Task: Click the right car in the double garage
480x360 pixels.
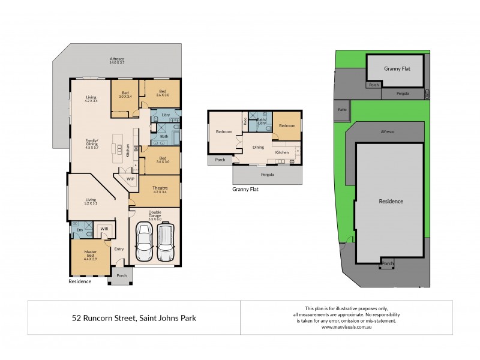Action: (166, 242)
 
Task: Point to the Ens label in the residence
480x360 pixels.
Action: (79, 229)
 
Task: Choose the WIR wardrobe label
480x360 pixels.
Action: (104, 229)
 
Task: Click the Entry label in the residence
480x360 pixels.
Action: (119, 249)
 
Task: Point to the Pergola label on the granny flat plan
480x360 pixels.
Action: (268, 175)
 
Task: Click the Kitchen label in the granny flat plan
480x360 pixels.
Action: (282, 152)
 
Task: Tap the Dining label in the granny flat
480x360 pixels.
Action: (258, 147)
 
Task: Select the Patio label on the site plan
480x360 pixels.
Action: (342, 110)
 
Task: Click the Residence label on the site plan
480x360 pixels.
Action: (390, 202)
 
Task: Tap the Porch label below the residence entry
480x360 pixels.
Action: (122, 275)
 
